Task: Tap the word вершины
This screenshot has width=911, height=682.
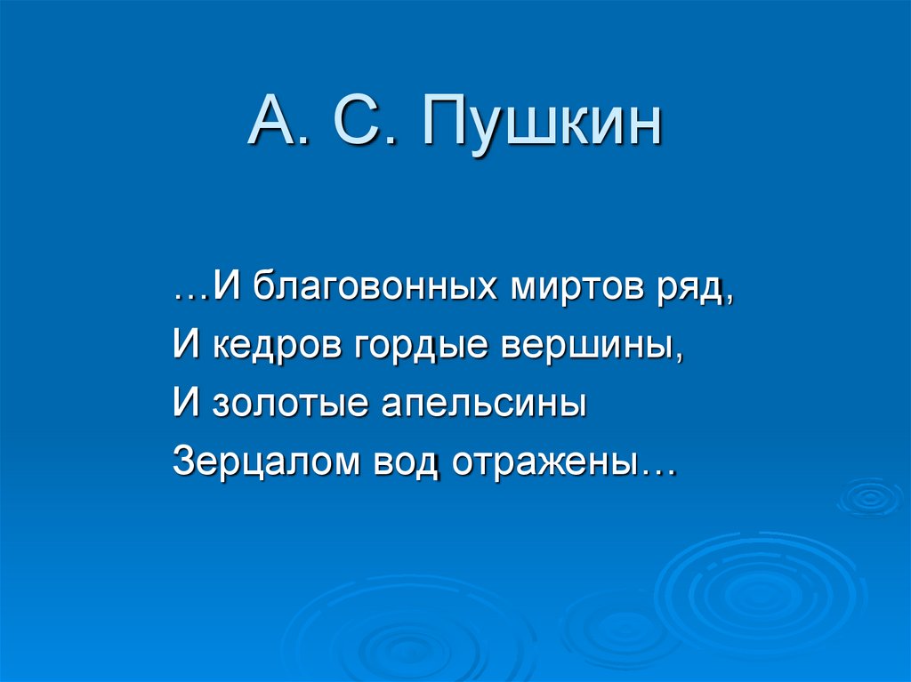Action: point(602,346)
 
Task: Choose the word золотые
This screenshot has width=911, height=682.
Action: point(292,405)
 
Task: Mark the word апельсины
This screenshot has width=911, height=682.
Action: point(484,405)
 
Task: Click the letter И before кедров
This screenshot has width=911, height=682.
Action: point(184,346)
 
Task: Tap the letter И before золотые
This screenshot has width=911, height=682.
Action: point(184,405)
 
